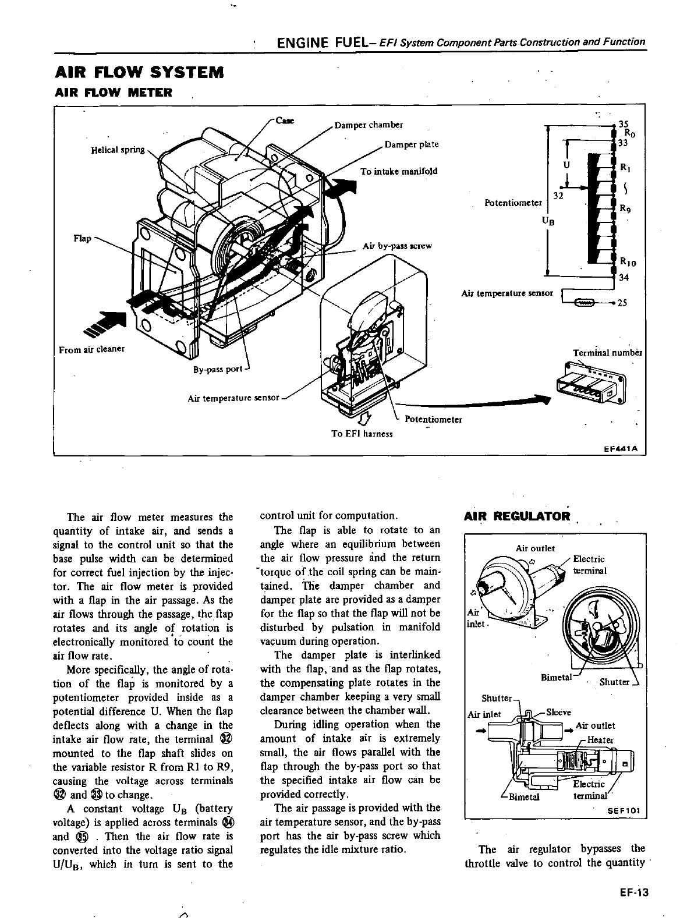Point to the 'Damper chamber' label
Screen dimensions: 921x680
(369, 125)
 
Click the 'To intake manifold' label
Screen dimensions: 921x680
(398, 171)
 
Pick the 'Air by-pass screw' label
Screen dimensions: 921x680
(397, 246)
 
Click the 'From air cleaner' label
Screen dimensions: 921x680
(92, 349)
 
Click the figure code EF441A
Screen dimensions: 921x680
(621, 449)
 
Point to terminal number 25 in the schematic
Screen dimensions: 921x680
(622, 303)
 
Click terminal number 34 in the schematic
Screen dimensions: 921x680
(624, 277)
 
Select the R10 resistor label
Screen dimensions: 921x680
(628, 263)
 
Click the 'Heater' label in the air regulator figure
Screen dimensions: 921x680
(600, 740)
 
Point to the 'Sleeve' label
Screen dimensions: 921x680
(559, 712)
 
